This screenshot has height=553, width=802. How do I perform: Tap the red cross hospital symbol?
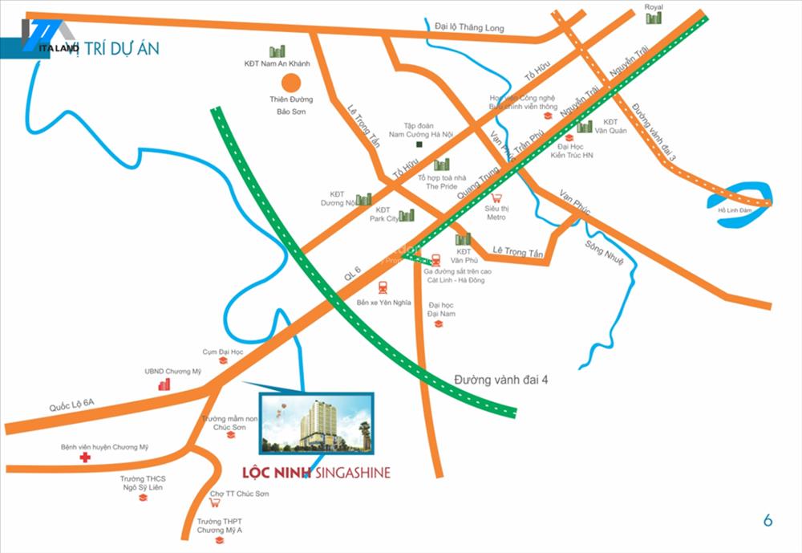[x=84, y=458]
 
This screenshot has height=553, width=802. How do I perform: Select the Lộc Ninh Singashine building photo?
[x=315, y=423]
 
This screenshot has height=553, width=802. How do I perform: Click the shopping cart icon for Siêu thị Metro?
[x=496, y=198]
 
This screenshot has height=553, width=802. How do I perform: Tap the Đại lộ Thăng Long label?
[x=469, y=28]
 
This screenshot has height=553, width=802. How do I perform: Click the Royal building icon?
[x=654, y=18]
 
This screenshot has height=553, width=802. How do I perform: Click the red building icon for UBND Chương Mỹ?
[x=164, y=384]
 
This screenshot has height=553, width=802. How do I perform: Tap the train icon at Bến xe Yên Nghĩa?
[x=383, y=288]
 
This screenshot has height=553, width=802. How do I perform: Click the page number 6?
[x=768, y=520]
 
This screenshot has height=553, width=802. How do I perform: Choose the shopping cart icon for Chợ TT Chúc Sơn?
[x=214, y=504]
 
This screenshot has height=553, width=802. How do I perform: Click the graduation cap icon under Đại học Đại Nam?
[x=438, y=323]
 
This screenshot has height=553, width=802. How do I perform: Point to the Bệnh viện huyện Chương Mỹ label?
[x=105, y=447]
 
